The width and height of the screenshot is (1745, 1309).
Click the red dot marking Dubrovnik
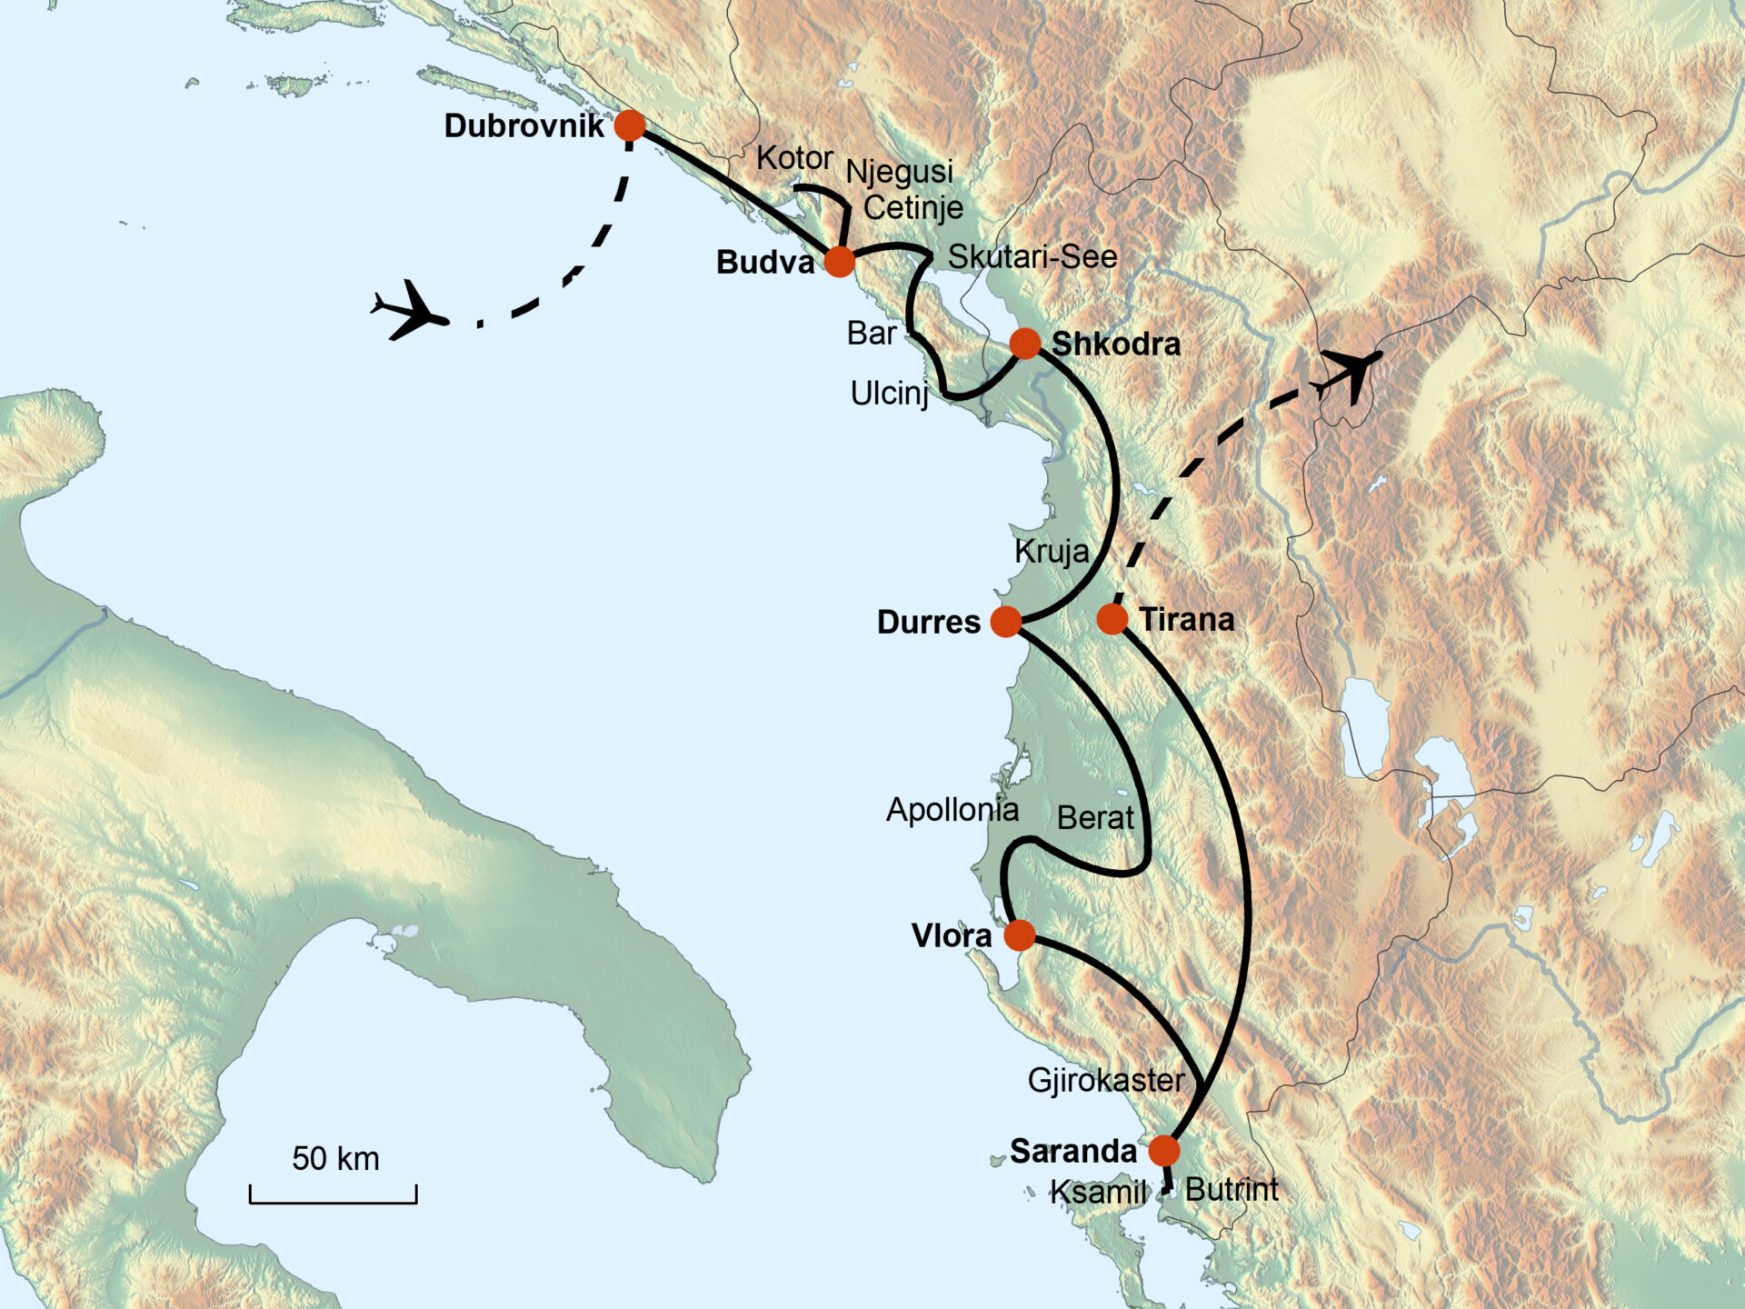click(x=630, y=125)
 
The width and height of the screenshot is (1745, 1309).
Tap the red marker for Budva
click(x=840, y=261)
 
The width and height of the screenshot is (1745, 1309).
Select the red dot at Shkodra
click(x=1024, y=344)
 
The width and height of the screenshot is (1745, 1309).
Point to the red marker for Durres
click(x=1005, y=622)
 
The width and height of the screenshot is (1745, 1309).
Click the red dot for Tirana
click(x=1112, y=619)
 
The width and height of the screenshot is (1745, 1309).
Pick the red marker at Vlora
click(x=1019, y=934)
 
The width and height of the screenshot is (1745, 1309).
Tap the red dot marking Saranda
click(x=1163, y=1150)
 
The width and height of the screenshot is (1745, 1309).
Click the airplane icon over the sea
click(x=410, y=311)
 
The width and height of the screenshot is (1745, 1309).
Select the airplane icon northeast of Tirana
click(x=1351, y=372)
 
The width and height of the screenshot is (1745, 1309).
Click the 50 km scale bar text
click(x=335, y=1159)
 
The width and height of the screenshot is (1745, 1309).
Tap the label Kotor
click(x=794, y=158)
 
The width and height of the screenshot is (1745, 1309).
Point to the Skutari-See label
click(x=1032, y=257)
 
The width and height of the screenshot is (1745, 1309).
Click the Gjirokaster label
click(x=1106, y=1080)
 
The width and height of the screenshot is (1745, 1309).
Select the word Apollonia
click(x=952, y=810)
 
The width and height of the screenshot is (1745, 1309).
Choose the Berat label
click(x=1095, y=818)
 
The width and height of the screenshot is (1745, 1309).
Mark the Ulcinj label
click(x=889, y=394)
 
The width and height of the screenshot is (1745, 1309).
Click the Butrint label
click(x=1231, y=1189)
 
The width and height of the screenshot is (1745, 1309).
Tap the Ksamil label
click(x=1098, y=1192)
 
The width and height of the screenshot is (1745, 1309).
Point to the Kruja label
click(x=1051, y=551)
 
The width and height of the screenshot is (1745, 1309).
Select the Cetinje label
click(x=912, y=208)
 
